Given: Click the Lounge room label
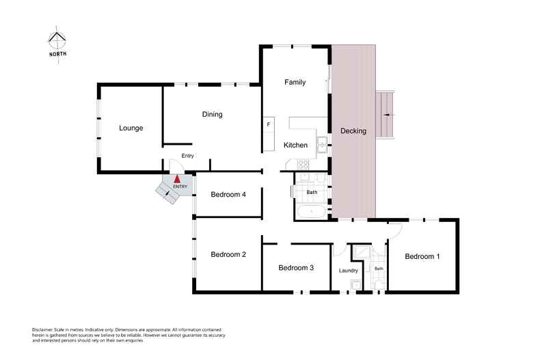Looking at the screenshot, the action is point(131,128).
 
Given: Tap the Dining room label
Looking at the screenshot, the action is point(212,115).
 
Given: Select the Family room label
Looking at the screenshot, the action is point(295,82).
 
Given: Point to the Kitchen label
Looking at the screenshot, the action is point(295,146).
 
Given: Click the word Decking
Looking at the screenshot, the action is point(353,131).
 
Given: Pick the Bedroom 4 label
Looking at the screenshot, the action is point(228,195).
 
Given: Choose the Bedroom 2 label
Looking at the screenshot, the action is point(228,254).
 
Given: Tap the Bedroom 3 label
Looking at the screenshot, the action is point(296,268).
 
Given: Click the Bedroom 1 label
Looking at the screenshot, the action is point(422,256).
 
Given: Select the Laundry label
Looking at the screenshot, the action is point(348,271).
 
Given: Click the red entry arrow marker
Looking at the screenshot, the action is point(177,179).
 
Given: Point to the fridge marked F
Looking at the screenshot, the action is point(269,124).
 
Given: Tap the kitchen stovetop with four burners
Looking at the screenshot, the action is point(303,164).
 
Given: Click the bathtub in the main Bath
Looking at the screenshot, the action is point(311,211).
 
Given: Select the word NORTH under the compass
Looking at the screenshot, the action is point(58,54).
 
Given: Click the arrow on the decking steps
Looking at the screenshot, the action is point(388,115).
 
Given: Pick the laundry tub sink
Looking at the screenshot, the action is point(355,285).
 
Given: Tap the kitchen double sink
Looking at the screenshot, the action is point(322,145).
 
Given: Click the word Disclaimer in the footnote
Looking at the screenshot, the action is point(42,330).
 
